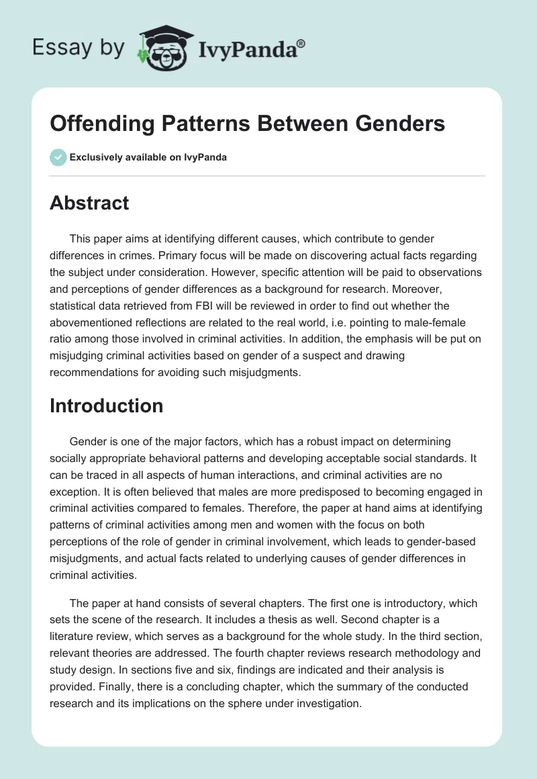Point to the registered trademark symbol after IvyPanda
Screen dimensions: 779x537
pyautogui.click(x=301, y=43)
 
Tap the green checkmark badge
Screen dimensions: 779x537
pyautogui.click(x=58, y=157)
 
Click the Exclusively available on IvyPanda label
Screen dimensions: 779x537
pyautogui.click(x=148, y=158)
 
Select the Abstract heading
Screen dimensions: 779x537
pyautogui.click(x=89, y=203)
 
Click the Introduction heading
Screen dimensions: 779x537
pyautogui.click(x=107, y=406)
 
